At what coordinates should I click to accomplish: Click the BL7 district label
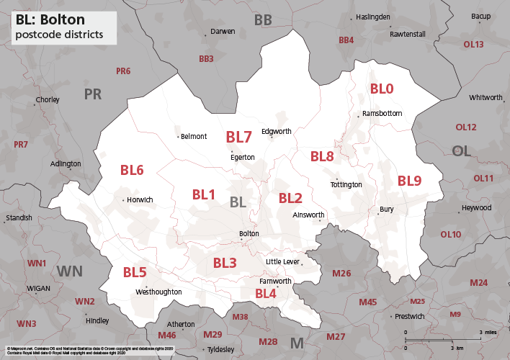tap(238, 137)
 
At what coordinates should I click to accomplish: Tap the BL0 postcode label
tap(382, 89)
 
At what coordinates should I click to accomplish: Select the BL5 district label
tap(135, 272)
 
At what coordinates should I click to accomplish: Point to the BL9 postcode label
tap(409, 181)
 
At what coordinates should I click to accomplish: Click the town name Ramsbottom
tap(382, 114)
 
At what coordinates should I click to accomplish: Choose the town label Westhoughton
tap(158, 292)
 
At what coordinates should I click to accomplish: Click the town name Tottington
tap(346, 185)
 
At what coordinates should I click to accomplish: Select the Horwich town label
tap(140, 200)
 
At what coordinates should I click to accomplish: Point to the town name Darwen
tap(223, 32)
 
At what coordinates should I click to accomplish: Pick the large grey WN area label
tap(70, 271)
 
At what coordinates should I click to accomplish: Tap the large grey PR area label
tap(93, 94)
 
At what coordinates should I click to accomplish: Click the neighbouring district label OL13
tap(473, 45)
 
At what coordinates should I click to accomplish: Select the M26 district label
tap(341, 273)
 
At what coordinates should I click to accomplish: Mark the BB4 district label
tap(346, 40)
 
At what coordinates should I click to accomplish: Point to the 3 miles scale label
tap(490, 332)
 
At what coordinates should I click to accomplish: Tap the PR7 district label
tap(21, 145)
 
